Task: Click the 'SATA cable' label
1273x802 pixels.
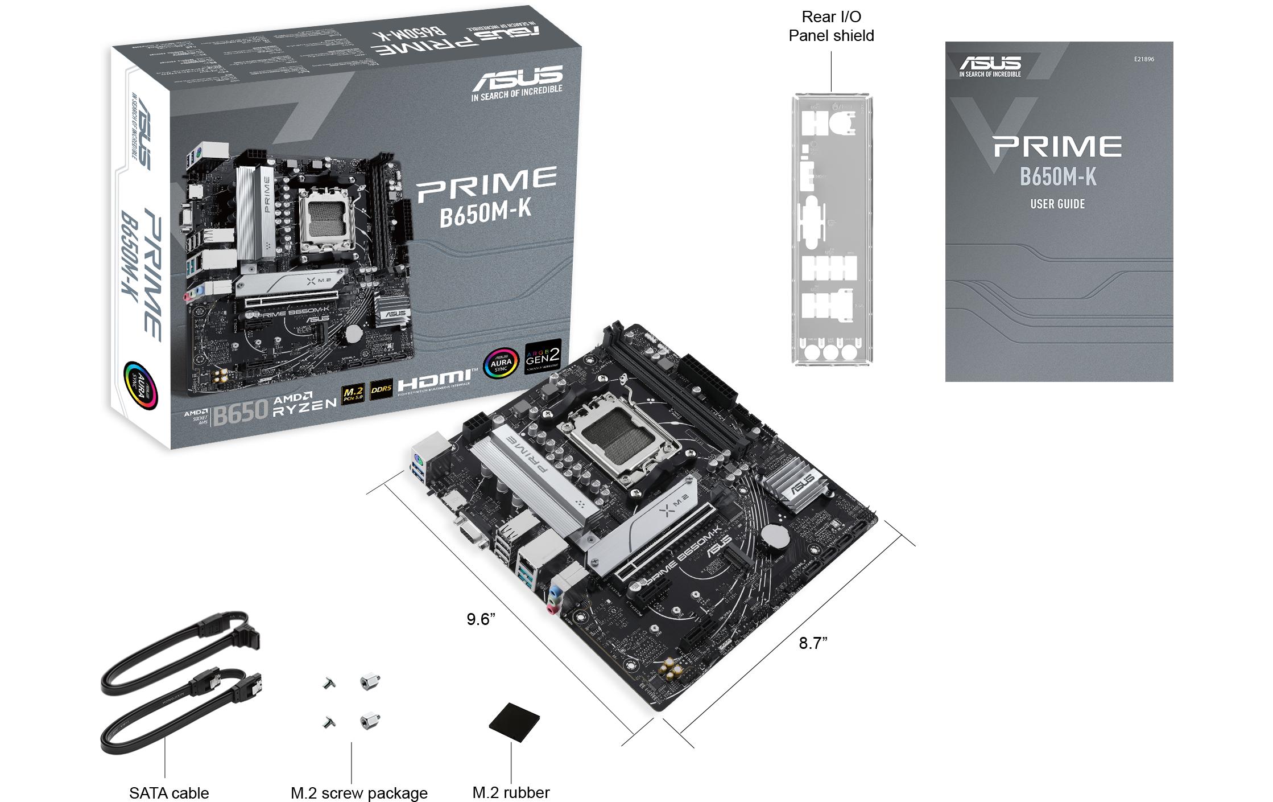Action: (169, 792)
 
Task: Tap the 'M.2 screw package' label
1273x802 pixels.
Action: (358, 792)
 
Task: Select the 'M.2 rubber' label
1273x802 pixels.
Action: (511, 792)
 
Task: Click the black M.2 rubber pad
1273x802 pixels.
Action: (515, 722)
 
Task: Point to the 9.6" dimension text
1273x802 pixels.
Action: (481, 619)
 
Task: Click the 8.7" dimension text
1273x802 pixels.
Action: (813, 643)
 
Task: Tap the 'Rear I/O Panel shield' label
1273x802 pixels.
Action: (831, 26)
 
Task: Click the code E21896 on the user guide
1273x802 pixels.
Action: (1144, 59)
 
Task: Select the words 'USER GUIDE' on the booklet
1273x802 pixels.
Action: (1057, 204)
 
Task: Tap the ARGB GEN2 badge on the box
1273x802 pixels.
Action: (543, 356)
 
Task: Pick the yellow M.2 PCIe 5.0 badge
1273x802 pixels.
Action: (353, 393)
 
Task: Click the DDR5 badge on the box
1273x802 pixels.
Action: (381, 389)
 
